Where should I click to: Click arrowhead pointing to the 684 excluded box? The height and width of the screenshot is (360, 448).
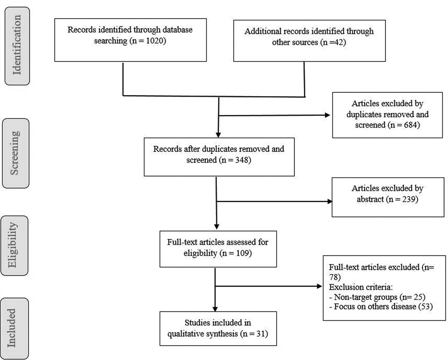(x=329, y=115)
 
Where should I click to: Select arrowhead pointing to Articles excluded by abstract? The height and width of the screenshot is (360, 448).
(x=329, y=201)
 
